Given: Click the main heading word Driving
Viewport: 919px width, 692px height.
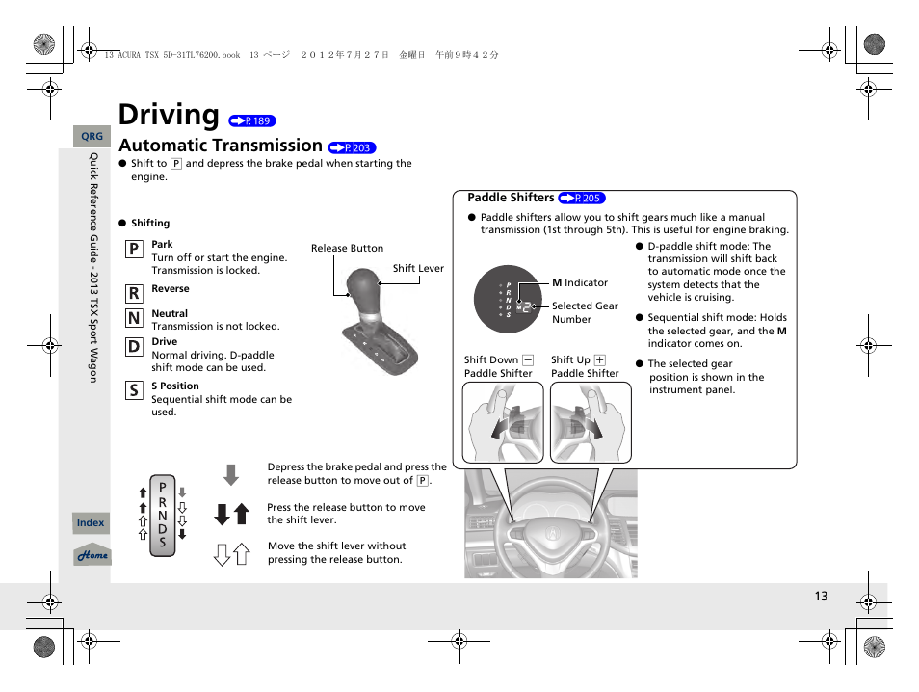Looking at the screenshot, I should pyautogui.click(x=169, y=115).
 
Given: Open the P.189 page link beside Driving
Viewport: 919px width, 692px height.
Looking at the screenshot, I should pyautogui.click(x=252, y=121).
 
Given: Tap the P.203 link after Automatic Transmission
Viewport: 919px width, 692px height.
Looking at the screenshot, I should pyautogui.click(x=352, y=147).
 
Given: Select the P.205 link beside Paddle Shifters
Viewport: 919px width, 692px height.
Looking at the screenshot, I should pyautogui.click(x=581, y=198).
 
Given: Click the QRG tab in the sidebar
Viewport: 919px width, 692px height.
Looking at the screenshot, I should pyautogui.click(x=92, y=137).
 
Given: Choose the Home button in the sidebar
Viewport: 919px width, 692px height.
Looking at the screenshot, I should pyautogui.click(x=92, y=555).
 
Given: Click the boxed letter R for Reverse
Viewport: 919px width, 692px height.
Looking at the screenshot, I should pyautogui.click(x=133, y=293).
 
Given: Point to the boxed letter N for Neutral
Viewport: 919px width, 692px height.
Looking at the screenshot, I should pyautogui.click(x=133, y=318).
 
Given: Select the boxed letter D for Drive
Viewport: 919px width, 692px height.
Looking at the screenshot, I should pyautogui.click(x=133, y=346).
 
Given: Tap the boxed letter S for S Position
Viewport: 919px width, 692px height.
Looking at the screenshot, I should pyautogui.click(x=133, y=390).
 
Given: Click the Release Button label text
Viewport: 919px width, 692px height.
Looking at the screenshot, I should pyautogui.click(x=347, y=248).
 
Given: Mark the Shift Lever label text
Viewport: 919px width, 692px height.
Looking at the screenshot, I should pyautogui.click(x=418, y=269).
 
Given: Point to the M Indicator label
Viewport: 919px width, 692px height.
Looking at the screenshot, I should pyautogui.click(x=580, y=283).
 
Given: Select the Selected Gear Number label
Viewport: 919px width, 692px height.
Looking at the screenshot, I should pyautogui.click(x=585, y=312).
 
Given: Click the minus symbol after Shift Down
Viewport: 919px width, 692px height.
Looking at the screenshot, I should pyautogui.click(x=528, y=360).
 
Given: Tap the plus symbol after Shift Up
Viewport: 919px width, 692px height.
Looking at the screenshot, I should pyautogui.click(x=599, y=360).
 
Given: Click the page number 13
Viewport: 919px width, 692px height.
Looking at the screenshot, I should pyautogui.click(x=820, y=597).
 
